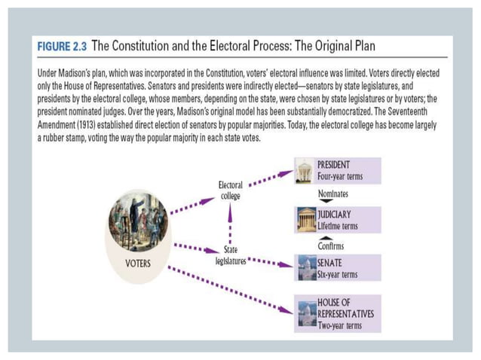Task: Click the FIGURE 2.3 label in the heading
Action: pos(63,47)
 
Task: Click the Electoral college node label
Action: pos(230,190)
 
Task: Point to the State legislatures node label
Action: pos(231,255)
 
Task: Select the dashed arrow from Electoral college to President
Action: pos(270,179)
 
